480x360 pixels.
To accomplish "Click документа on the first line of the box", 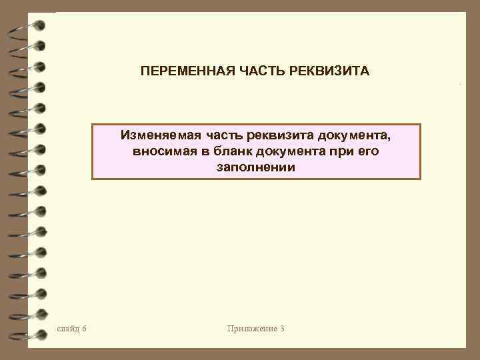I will (355, 135).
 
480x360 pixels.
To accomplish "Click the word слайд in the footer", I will (69, 329).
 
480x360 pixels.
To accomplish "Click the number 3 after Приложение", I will (283, 329).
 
